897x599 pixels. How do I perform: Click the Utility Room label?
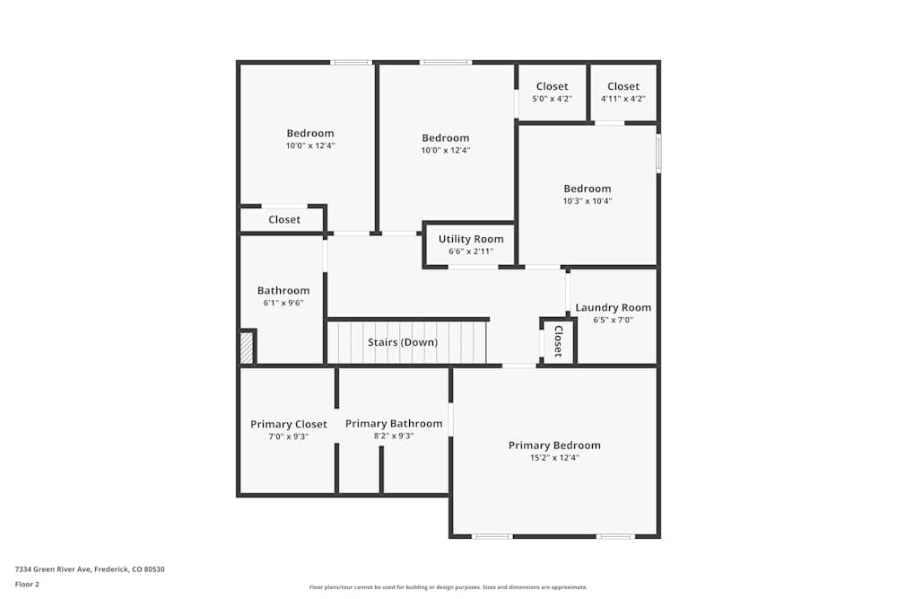(471, 239)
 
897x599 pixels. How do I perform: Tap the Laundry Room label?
(614, 307)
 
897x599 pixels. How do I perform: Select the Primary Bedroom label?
(554, 445)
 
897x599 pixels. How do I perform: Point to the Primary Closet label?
(288, 424)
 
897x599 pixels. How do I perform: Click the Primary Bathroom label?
(394, 424)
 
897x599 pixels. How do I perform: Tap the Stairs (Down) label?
(403, 342)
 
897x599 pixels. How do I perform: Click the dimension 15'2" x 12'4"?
(554, 458)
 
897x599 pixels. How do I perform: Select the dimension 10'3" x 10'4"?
(588, 201)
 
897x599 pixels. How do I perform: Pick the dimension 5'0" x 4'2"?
(552, 99)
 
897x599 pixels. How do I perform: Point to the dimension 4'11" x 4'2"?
(623, 99)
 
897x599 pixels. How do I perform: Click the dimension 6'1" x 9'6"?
(283, 304)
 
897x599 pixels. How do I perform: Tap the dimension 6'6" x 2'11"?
(471, 251)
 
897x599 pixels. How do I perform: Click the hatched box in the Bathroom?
(247, 348)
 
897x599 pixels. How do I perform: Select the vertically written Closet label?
(558, 341)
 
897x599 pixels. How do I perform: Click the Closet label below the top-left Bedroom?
(284, 219)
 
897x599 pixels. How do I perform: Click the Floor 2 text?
(27, 584)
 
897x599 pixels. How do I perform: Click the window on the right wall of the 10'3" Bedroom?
(658, 154)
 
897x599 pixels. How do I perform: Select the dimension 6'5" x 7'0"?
(614, 320)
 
